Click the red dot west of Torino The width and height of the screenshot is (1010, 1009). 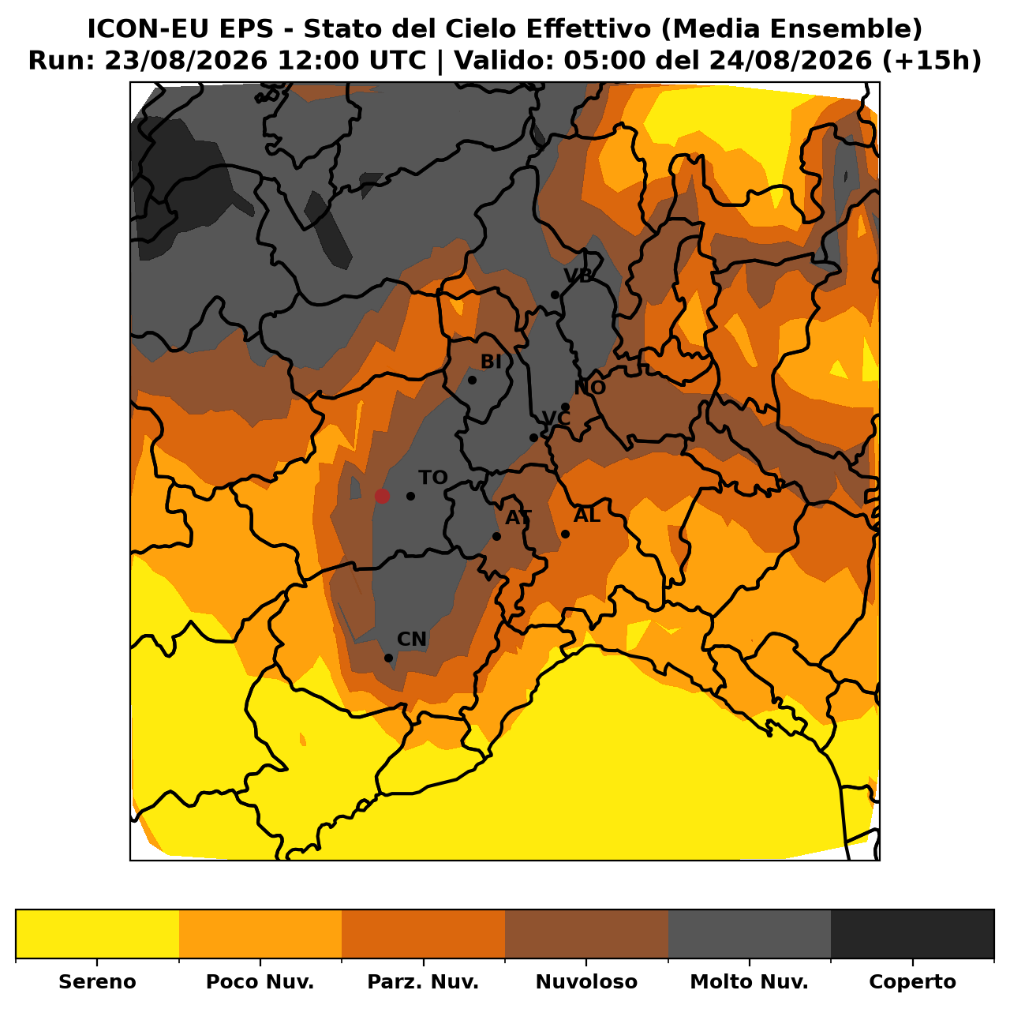coord(382,496)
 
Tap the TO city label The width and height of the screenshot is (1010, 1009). coord(433,478)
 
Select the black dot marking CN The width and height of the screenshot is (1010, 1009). coord(388,658)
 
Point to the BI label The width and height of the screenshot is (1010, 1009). coord(491,362)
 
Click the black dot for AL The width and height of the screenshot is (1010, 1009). coord(565,534)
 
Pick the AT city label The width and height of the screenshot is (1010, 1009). coord(518,518)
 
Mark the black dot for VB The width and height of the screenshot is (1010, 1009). coord(555,294)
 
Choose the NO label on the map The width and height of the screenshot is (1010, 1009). coord(589,388)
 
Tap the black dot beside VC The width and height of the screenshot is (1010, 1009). coord(533,437)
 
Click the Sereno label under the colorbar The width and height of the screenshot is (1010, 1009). coord(98,981)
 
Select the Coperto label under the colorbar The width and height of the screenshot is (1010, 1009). coord(912,981)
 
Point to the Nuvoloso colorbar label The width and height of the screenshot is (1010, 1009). coord(586,981)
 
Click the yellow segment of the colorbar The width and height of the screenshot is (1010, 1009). coord(98,933)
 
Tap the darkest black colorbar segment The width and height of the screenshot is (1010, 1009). coord(912,933)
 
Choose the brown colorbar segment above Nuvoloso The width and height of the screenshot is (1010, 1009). coord(586,933)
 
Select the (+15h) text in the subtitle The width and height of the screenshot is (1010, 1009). coord(932,61)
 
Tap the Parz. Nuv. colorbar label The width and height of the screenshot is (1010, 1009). coord(423,981)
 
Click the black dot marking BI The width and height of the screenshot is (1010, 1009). coord(472,380)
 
